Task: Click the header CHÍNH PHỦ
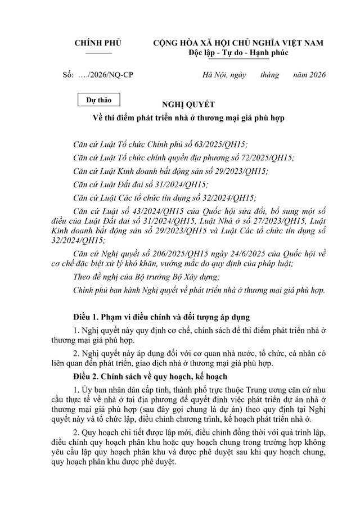click(98, 43)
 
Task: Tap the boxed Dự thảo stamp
click(98, 101)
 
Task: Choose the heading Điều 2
click(89, 376)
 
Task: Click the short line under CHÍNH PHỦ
click(98, 52)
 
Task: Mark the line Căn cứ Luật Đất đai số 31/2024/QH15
click(141, 184)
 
